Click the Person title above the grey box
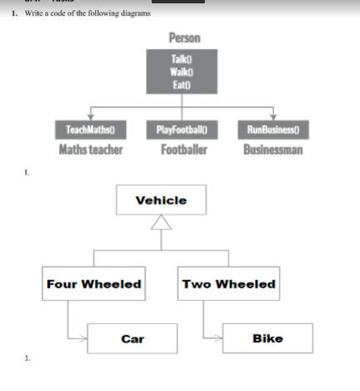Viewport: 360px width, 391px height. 183,38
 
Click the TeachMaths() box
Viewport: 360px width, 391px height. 90,130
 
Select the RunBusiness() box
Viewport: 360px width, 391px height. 273,130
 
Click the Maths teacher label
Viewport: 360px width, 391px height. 90,150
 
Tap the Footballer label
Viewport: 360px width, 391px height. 183,150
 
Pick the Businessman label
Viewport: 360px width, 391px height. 273,150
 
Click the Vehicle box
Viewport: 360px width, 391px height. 161,201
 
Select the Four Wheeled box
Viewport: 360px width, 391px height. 93,284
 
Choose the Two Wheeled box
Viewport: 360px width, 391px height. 228,284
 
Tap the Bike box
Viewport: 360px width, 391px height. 267,338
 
